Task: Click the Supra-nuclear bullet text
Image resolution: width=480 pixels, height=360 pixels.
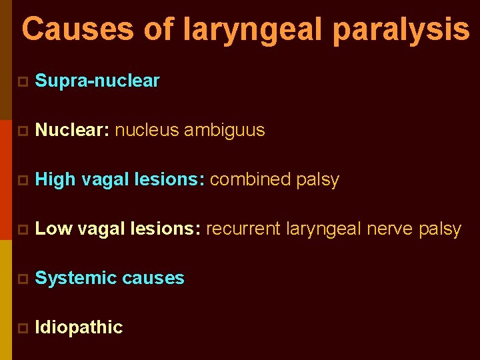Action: pyautogui.click(x=97, y=81)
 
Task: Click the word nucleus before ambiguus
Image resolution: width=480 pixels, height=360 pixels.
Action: pyautogui.click(x=147, y=131)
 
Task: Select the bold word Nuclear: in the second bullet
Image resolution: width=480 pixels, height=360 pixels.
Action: pyautogui.click(x=72, y=131)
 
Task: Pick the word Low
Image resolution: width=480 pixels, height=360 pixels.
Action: pyautogui.click(x=53, y=229)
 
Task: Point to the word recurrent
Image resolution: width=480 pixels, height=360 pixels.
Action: pyautogui.click(x=243, y=229)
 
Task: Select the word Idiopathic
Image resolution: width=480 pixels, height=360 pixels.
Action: pyautogui.click(x=79, y=327)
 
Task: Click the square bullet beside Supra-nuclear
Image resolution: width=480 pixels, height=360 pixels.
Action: pyautogui.click(x=22, y=82)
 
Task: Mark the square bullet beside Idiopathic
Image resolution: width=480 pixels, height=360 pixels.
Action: pyautogui.click(x=22, y=328)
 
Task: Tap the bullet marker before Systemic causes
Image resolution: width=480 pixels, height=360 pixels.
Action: pyautogui.click(x=22, y=279)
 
